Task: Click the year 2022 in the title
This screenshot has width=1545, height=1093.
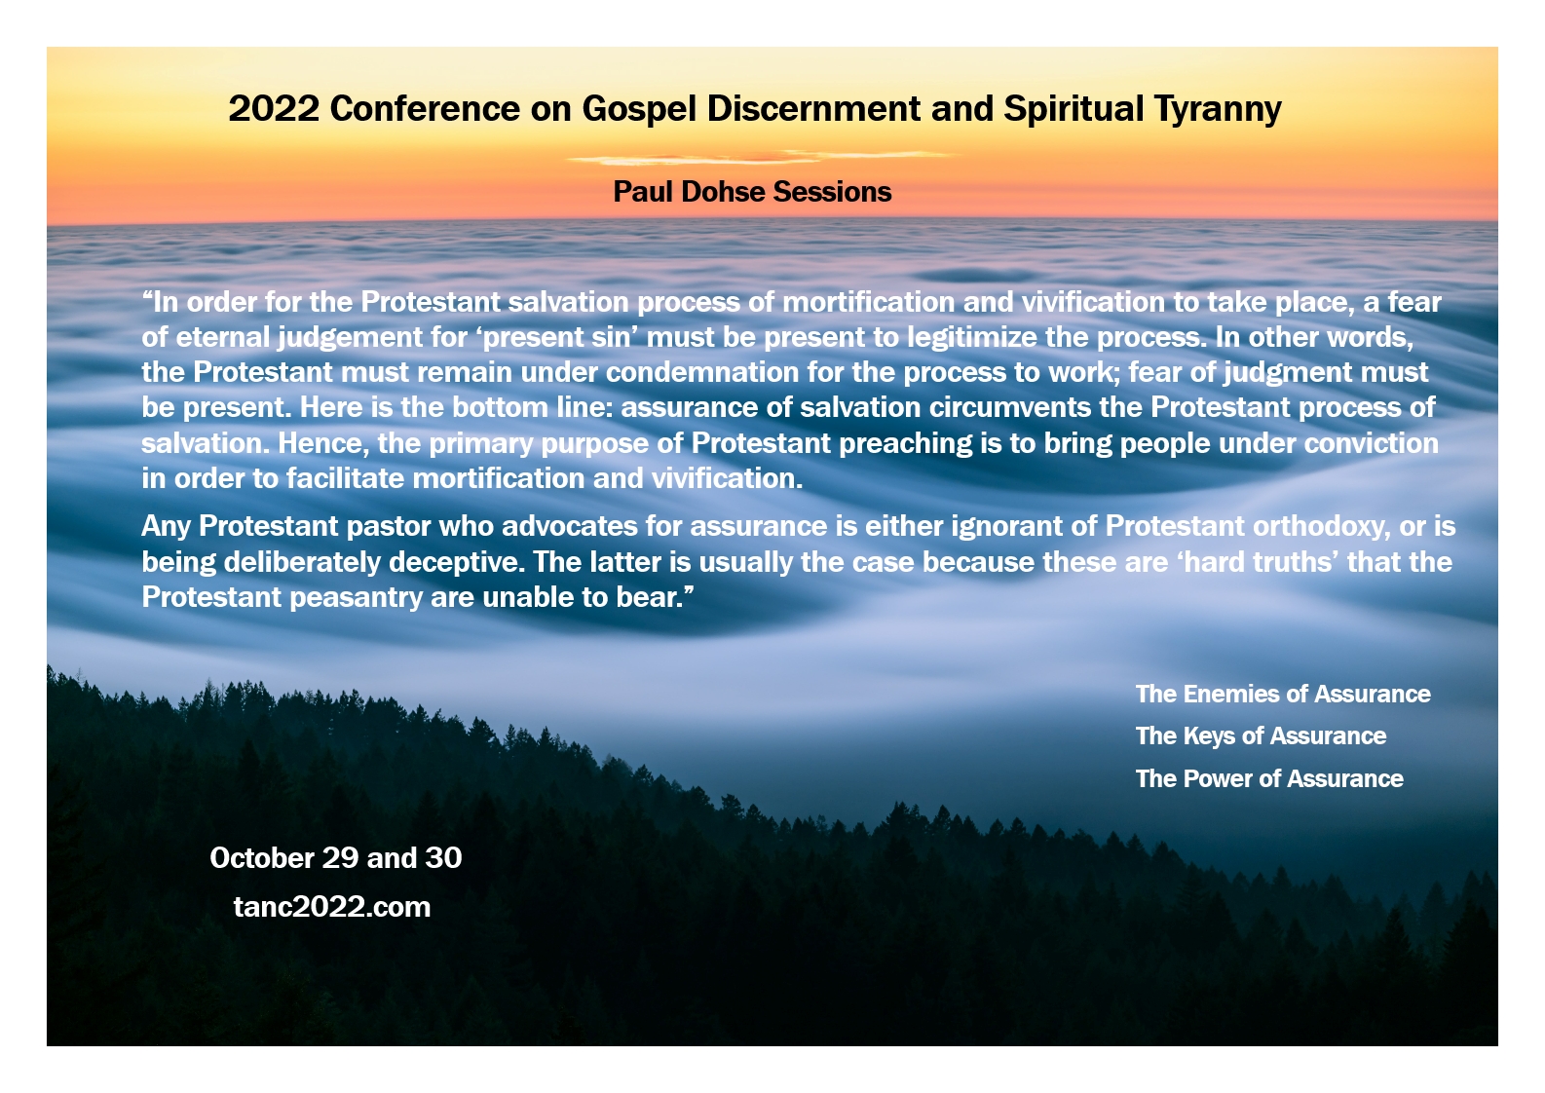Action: click(274, 109)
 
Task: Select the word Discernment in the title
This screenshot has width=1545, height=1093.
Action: click(813, 109)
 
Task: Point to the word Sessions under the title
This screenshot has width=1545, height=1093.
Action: click(833, 192)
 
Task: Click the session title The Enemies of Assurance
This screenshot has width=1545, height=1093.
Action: click(1283, 694)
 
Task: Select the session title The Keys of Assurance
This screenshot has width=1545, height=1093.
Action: click(1261, 736)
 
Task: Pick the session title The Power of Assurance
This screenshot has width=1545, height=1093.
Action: click(1269, 778)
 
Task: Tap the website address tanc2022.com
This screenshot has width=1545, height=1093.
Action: click(332, 907)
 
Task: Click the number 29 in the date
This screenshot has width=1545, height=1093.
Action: click(340, 858)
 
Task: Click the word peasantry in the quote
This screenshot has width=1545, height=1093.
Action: click(356, 598)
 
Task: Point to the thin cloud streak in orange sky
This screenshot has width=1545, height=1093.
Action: click(759, 157)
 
